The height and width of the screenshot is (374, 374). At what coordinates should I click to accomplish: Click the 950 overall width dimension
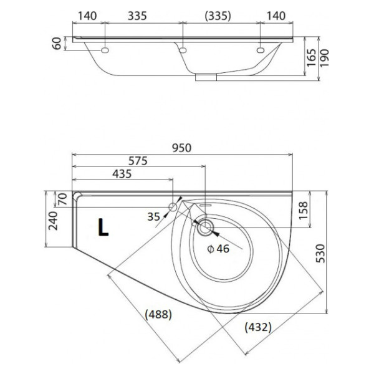[x=182, y=148]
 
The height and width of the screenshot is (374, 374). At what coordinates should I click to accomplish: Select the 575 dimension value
[x=138, y=161]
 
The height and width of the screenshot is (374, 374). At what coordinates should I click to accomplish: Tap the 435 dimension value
[x=122, y=174]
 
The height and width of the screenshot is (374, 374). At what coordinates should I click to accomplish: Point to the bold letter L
[x=103, y=228]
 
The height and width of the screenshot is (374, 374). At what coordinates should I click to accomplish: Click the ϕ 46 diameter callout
[x=218, y=249]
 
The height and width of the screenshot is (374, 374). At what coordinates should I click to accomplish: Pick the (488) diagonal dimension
[x=158, y=314]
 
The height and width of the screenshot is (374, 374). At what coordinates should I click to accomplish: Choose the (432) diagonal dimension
[x=258, y=327]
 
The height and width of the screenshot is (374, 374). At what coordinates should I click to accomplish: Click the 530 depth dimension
[x=320, y=254]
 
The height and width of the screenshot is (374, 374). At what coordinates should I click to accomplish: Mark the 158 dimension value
[x=303, y=211]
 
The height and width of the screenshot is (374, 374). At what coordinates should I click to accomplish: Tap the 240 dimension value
[x=53, y=221]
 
